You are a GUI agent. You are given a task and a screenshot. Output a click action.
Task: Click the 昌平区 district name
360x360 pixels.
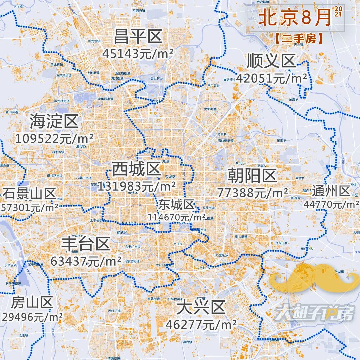[x=138, y=36]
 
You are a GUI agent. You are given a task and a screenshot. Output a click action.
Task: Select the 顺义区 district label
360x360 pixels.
[x=271, y=61]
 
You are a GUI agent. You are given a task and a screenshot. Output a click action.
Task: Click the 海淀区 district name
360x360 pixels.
[x=54, y=121]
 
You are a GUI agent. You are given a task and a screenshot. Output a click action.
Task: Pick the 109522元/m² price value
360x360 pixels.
[x=54, y=138]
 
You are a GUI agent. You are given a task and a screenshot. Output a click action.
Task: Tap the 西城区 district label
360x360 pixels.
[x=136, y=169]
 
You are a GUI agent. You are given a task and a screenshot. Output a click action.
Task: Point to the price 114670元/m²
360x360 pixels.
[x=177, y=217]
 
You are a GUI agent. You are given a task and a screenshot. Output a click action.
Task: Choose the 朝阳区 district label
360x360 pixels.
[x=252, y=175]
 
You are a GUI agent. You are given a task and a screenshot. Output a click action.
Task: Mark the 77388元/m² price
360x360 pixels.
[x=252, y=192]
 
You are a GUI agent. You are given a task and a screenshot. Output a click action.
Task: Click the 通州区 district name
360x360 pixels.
[x=331, y=191]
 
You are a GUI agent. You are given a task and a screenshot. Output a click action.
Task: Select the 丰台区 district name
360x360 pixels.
[x=86, y=244]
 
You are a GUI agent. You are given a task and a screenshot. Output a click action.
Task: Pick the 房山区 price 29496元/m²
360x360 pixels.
[x=32, y=317]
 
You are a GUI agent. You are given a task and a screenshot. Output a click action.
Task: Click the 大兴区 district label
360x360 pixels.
[x=201, y=307]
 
